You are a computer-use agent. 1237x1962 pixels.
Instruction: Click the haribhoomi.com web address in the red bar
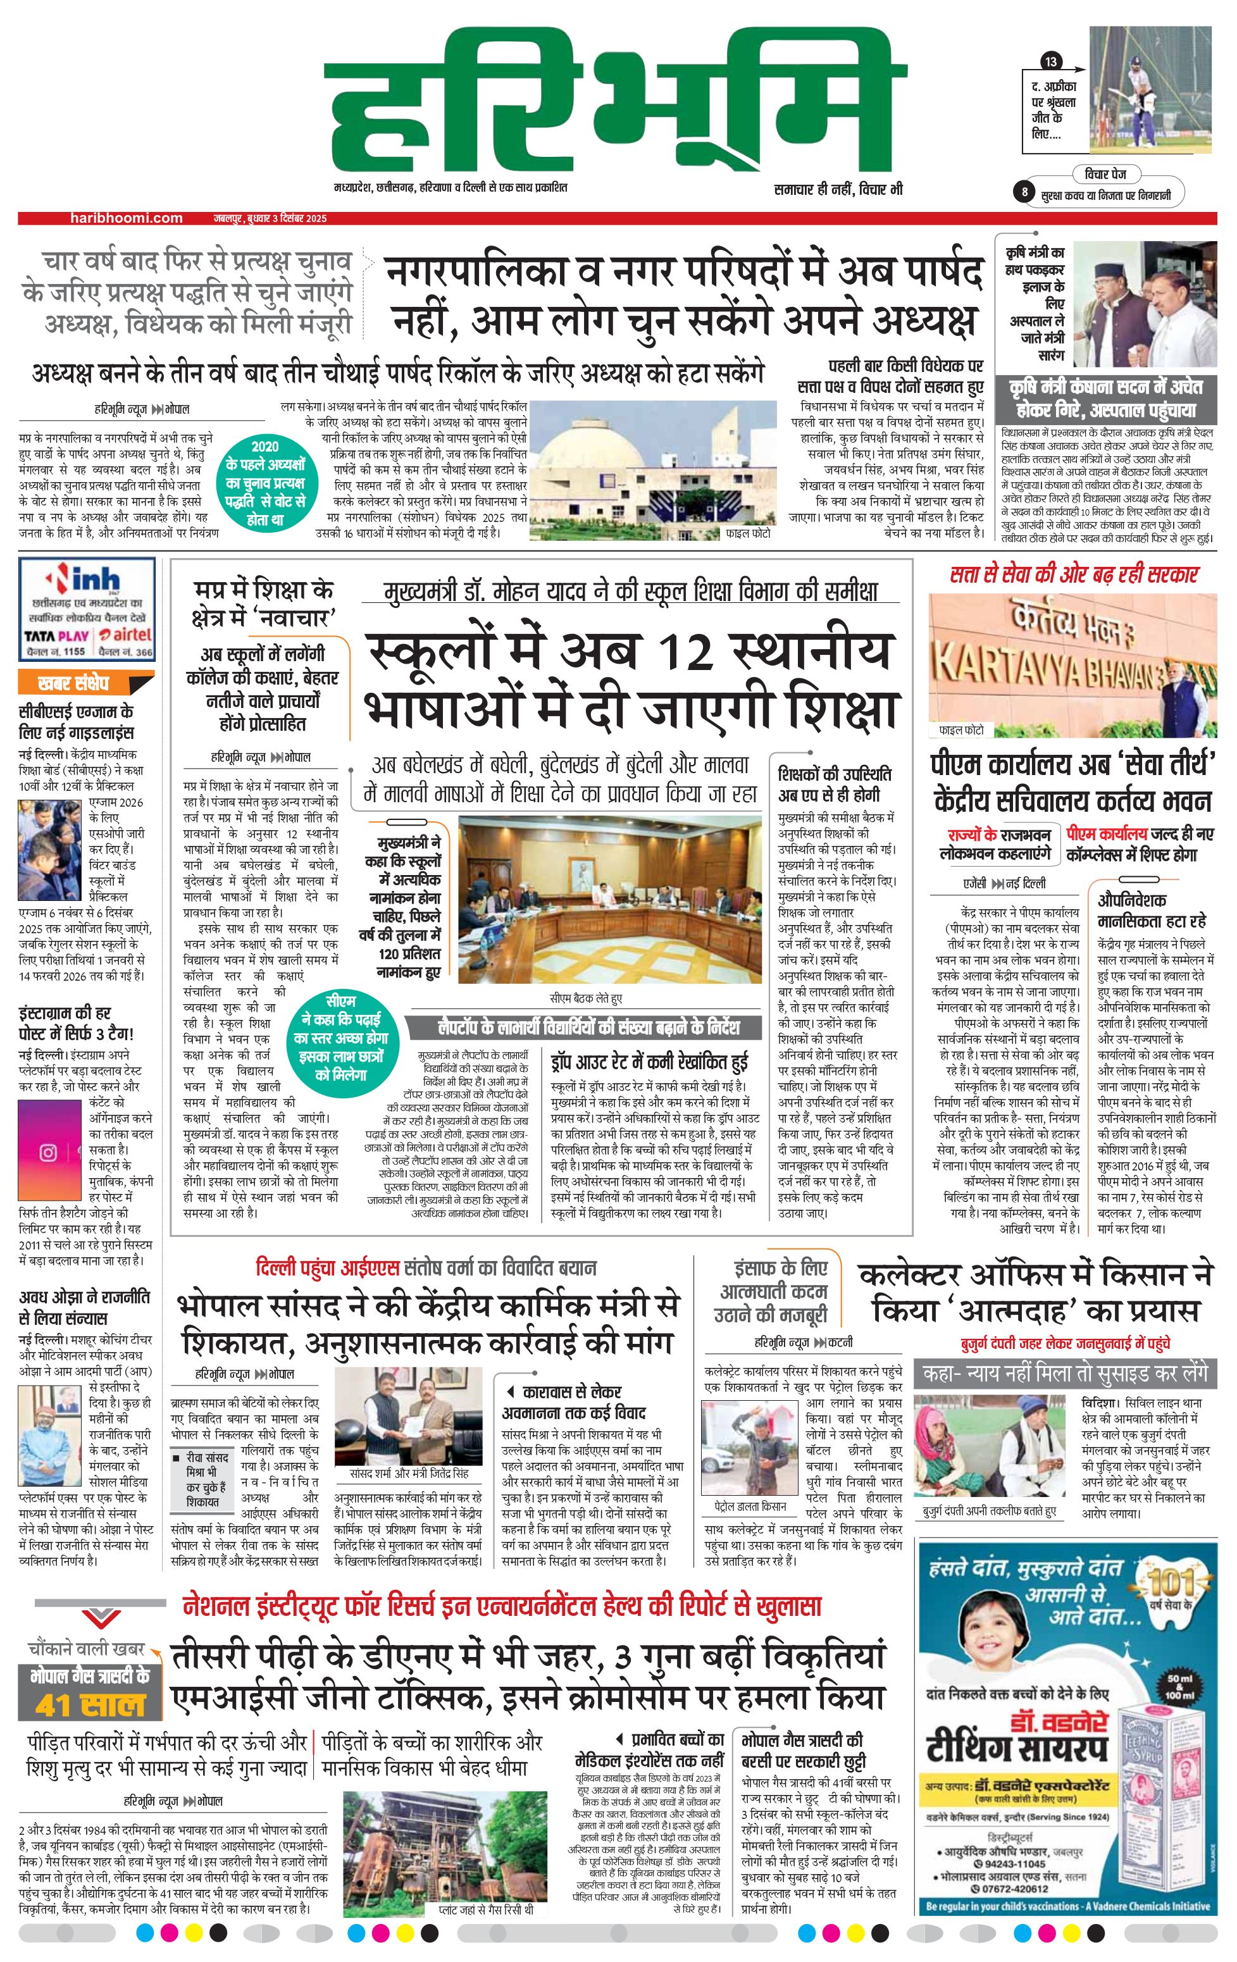pyautogui.click(x=127, y=218)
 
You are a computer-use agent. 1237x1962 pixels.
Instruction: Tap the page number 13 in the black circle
pyautogui.click(x=1051, y=62)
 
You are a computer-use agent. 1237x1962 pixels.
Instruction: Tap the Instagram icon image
pyautogui.click(x=48, y=1152)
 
